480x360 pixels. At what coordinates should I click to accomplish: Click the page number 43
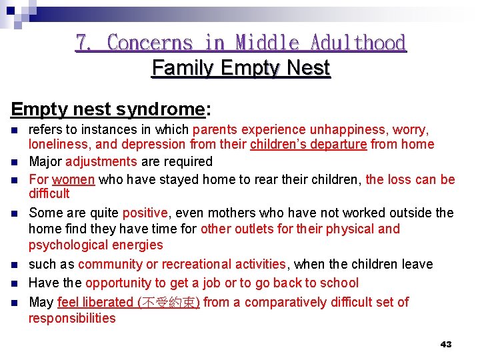446,344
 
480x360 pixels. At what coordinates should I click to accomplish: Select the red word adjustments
101,161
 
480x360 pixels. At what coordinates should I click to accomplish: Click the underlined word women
73,179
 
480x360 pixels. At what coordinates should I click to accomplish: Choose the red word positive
145,213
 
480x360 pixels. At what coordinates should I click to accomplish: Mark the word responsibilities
72,318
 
